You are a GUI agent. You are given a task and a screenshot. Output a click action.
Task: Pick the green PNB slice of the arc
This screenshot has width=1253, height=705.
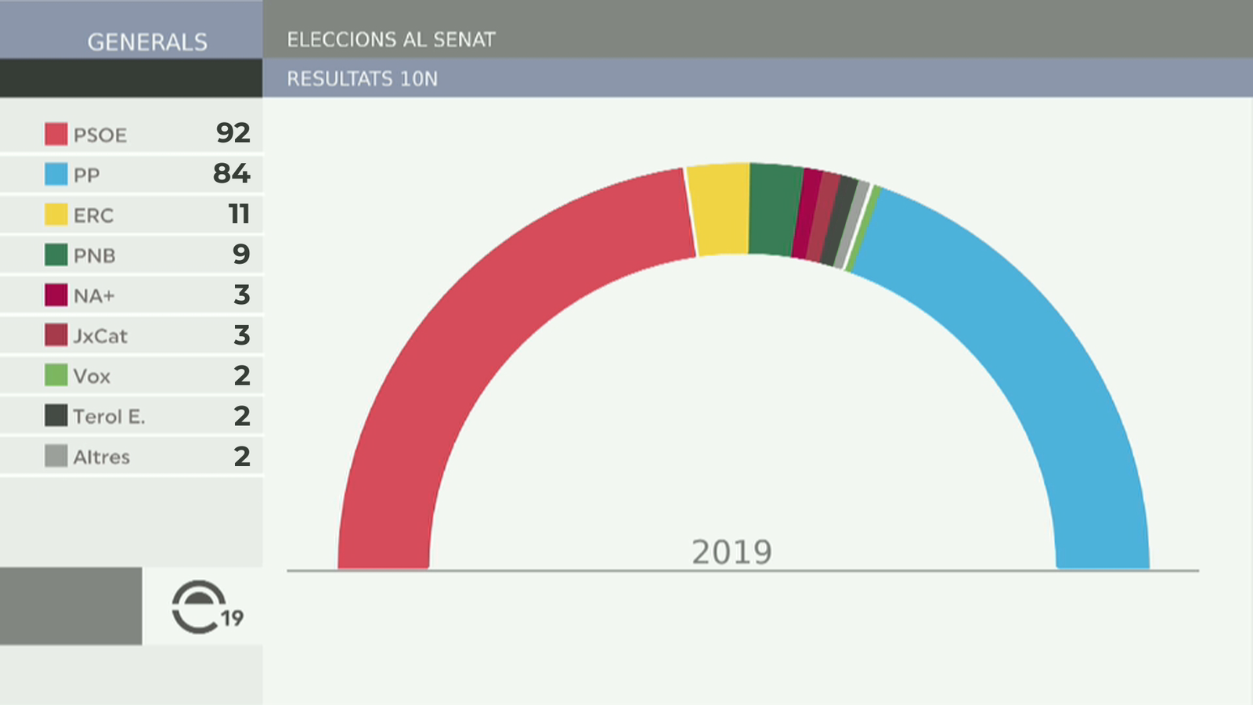click(x=774, y=210)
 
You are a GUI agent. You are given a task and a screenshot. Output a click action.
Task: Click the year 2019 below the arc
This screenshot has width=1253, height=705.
click(x=731, y=553)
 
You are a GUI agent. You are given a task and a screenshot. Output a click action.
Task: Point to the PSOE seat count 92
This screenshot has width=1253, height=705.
click(x=233, y=133)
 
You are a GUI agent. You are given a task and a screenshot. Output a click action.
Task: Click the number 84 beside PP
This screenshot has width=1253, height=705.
click(x=232, y=173)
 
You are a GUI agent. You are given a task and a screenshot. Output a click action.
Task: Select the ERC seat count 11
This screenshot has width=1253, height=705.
click(x=239, y=214)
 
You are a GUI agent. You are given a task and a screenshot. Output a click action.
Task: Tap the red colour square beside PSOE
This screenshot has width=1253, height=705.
click(x=56, y=134)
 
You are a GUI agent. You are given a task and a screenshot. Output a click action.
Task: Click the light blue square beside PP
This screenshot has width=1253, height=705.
click(x=56, y=174)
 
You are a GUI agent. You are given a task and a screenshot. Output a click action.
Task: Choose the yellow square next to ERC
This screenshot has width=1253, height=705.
click(x=56, y=214)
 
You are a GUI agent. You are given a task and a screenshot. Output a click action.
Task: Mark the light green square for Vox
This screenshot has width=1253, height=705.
click(x=56, y=375)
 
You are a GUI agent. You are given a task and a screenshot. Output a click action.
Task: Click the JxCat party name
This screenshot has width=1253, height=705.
click(x=100, y=336)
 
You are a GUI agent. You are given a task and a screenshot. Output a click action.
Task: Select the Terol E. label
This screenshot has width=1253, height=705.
click(x=109, y=417)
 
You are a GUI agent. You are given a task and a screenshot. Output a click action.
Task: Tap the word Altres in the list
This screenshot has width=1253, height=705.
click(x=101, y=457)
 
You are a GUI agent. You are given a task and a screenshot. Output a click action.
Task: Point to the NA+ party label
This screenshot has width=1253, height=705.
click(x=94, y=296)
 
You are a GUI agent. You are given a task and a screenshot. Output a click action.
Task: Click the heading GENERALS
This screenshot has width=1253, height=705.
click(x=147, y=42)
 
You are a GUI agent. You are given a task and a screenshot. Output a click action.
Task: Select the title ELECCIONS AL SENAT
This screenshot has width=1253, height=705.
click(x=391, y=40)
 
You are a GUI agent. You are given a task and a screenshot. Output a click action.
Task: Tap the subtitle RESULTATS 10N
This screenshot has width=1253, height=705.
click(x=362, y=79)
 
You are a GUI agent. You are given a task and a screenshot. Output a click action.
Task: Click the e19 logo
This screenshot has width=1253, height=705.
click(x=205, y=607)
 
